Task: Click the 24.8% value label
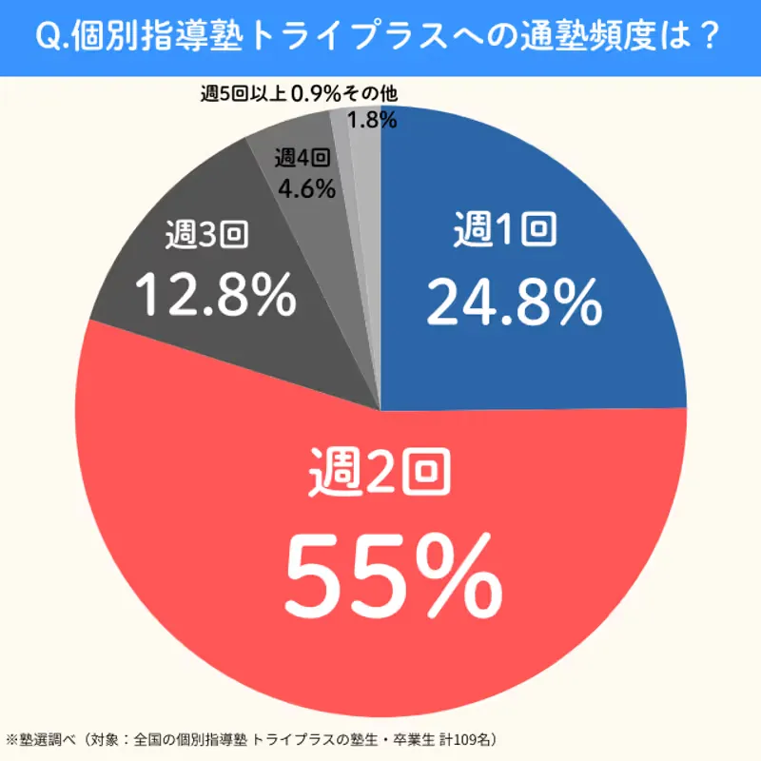point(514,302)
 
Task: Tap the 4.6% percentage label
point(306,188)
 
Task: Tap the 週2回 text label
point(380,474)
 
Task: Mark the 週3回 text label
point(206,235)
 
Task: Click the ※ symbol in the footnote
point(12,739)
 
